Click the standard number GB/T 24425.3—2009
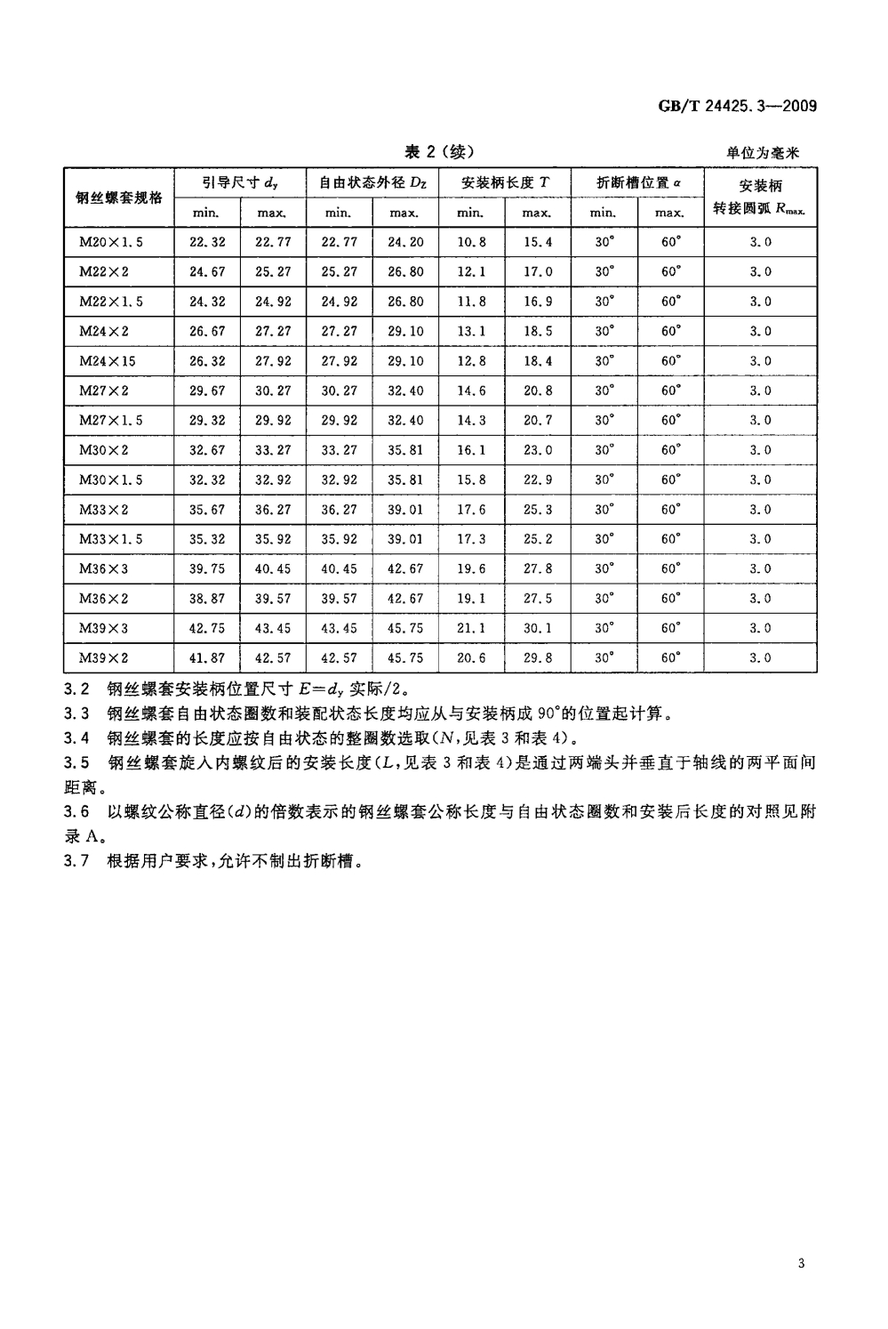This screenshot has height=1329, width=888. pyautogui.click(x=737, y=107)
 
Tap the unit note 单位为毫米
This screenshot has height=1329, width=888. pyautogui.click(x=763, y=153)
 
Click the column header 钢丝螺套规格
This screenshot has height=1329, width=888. pyautogui.click(x=119, y=197)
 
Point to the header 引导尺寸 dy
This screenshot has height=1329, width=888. pyautogui.click(x=240, y=183)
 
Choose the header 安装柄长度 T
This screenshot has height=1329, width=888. pyautogui.click(x=505, y=183)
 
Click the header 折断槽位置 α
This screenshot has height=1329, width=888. pyautogui.click(x=637, y=183)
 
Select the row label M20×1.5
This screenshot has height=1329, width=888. pyautogui.click(x=111, y=242)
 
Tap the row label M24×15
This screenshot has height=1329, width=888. pyautogui.click(x=108, y=361)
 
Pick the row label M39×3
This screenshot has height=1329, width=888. pyautogui.click(x=104, y=629)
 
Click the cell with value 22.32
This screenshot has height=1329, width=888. pyautogui.click(x=207, y=242)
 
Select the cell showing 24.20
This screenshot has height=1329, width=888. pyautogui.click(x=405, y=242)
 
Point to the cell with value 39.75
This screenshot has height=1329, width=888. pyautogui.click(x=207, y=569)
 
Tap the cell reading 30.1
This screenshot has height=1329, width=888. pyautogui.click(x=538, y=629)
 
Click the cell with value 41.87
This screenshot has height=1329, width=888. pyautogui.click(x=207, y=659)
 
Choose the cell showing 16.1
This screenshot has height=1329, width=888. pyautogui.click(x=471, y=450)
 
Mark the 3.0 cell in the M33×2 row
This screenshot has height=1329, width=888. pyautogui.click(x=760, y=511)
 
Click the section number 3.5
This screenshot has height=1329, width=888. pyautogui.click(x=77, y=762)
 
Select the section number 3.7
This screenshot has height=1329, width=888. pyautogui.click(x=77, y=861)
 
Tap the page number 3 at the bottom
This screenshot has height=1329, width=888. pyautogui.click(x=801, y=1264)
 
